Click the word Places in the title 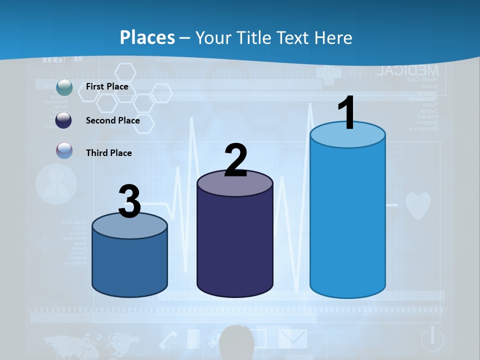(x=147, y=37)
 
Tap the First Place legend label (x=107, y=86)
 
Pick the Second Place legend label (x=112, y=120)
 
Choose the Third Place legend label (x=108, y=153)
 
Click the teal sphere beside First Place (x=64, y=87)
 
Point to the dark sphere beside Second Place (x=64, y=120)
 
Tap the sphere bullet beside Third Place (x=64, y=151)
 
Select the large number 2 (x=235, y=160)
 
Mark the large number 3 (x=129, y=201)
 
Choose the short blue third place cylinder (x=129, y=260)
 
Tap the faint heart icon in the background (x=417, y=205)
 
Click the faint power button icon (x=432, y=339)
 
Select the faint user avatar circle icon (x=56, y=184)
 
